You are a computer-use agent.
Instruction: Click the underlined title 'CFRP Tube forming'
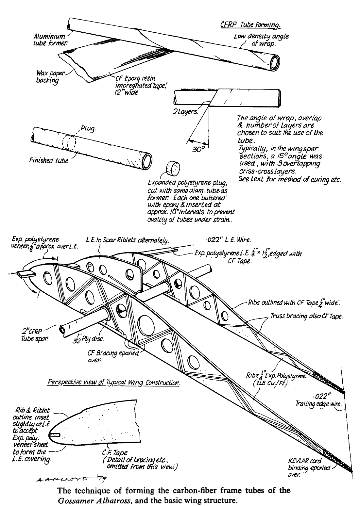250,25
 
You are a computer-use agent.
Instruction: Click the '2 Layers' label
185,111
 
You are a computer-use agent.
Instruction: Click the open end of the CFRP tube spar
63,330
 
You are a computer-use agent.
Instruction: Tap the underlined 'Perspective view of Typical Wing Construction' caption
113,383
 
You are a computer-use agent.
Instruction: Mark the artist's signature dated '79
72,479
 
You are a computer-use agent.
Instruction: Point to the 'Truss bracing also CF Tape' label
306,317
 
